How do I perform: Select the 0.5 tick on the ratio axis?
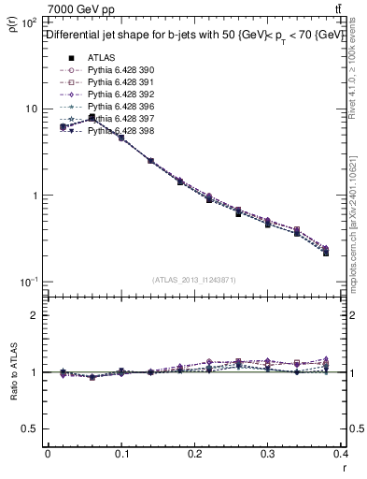pos(32,428)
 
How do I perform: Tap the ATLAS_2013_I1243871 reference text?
pos(195,281)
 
